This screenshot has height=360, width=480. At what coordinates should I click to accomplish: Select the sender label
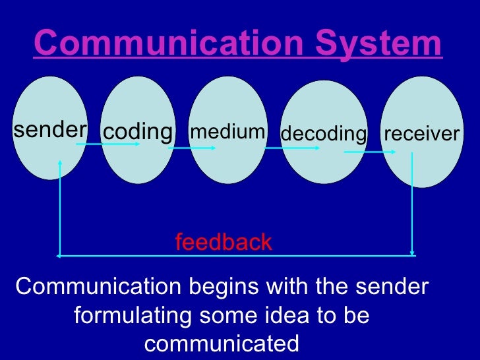pyautogui.click(x=49, y=130)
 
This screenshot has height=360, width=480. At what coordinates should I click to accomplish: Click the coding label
pyautogui.click(x=137, y=132)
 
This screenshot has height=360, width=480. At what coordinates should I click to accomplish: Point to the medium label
pyautogui.click(x=227, y=132)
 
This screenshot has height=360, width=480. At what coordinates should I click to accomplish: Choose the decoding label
pyautogui.click(x=323, y=134)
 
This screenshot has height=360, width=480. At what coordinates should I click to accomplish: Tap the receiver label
pyautogui.click(x=421, y=134)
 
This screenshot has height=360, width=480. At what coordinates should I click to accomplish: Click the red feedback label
pyautogui.click(x=224, y=242)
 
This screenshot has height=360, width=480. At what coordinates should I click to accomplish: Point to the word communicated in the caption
pyautogui.click(x=222, y=344)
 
